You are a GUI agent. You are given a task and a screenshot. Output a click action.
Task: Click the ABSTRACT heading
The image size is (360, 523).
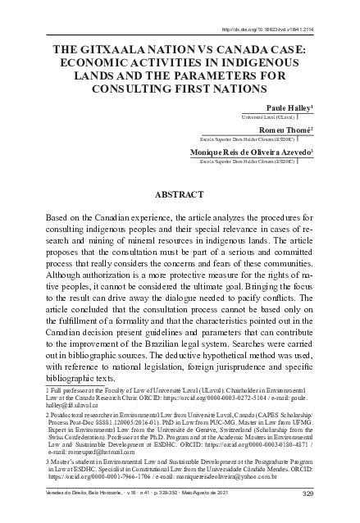coord(180,195)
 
